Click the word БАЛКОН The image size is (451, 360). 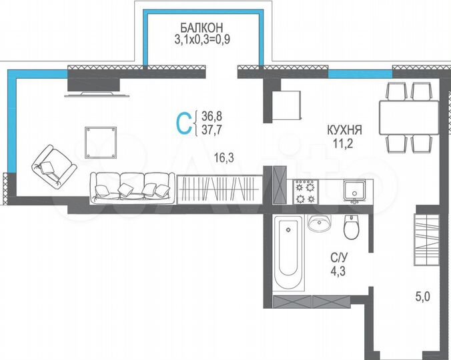[x=200, y=27]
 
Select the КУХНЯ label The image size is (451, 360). [x=344, y=130]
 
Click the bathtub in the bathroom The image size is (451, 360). [x=290, y=246]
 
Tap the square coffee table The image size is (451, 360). [x=102, y=141]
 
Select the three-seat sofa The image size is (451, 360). [x=133, y=185]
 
